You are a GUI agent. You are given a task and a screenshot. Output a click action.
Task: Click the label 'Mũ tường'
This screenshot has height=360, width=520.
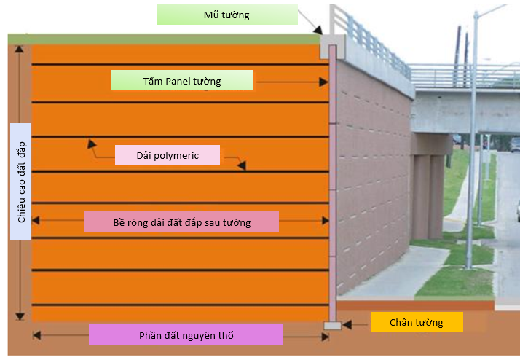click(x=226, y=15)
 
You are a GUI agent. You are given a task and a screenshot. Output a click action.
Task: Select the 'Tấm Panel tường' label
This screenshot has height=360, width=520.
click(x=181, y=80)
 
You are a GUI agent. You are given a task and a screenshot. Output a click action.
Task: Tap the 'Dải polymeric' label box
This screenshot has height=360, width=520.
click(x=167, y=155)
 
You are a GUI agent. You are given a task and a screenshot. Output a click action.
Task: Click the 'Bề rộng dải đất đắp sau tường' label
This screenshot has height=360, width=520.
click(x=181, y=222)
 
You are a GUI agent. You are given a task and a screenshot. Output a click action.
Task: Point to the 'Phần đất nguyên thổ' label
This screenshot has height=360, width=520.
click(x=185, y=335)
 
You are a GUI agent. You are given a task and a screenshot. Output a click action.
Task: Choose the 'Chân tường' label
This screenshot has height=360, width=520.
click(x=416, y=322)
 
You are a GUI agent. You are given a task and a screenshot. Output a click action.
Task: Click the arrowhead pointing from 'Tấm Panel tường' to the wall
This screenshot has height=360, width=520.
click(x=324, y=82)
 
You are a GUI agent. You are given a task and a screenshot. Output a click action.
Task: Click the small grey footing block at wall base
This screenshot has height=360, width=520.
click(x=332, y=325)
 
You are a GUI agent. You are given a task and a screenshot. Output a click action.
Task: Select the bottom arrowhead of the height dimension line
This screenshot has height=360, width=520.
click(x=20, y=316)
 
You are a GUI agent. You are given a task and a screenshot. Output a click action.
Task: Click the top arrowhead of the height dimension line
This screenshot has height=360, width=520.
click(x=20, y=47)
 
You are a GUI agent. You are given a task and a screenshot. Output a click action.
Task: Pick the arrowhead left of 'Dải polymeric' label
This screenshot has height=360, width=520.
click(x=91, y=143)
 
